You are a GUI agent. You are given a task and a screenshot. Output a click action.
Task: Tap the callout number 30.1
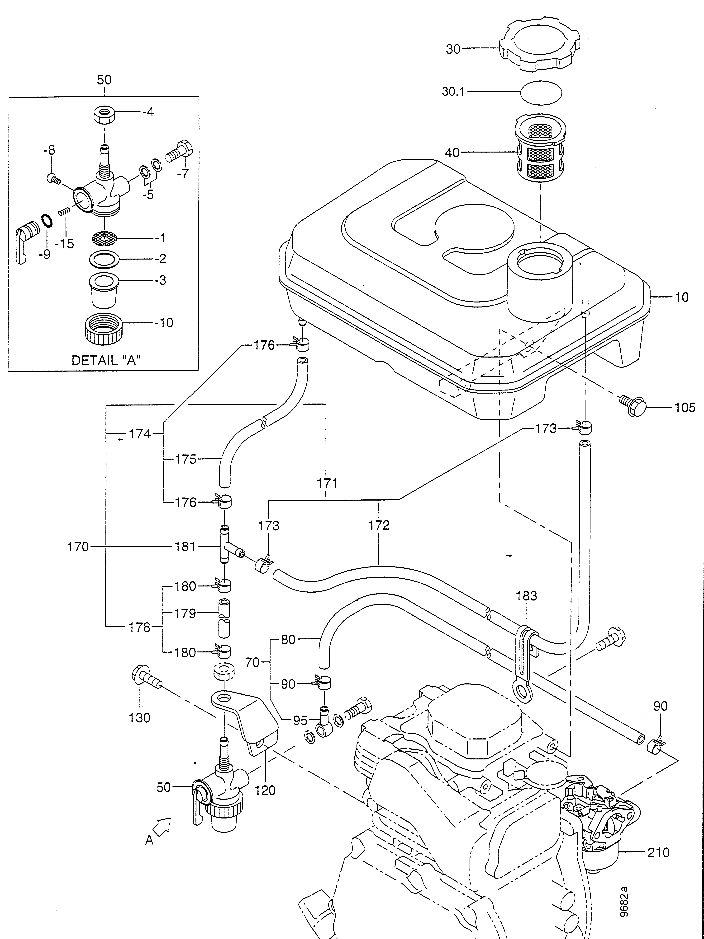[x=453, y=92]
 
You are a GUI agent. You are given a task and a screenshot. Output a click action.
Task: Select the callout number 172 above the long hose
[x=379, y=525]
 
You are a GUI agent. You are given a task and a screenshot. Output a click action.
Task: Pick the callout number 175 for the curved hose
[x=186, y=459]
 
